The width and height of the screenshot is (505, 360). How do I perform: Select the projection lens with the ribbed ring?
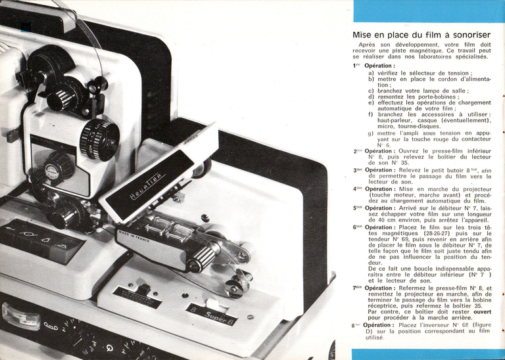click(99, 139)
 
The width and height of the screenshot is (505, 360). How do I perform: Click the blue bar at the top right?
click(429, 11)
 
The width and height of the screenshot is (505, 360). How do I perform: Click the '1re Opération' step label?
click(374, 66)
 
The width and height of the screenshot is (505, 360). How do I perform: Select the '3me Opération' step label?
click(374, 169)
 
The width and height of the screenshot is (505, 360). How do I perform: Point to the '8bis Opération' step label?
click(372, 325)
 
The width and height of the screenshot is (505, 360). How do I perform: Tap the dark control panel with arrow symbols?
click(43, 238)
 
